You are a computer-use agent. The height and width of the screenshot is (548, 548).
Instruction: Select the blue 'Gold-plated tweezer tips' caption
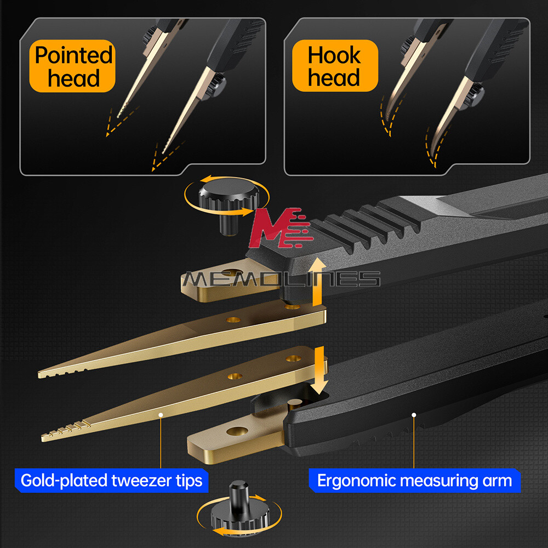pyautogui.click(x=111, y=481)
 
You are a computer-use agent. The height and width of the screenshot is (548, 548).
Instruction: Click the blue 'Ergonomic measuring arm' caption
pyautogui.click(x=414, y=481)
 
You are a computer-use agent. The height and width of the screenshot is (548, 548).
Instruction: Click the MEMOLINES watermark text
pyautogui.click(x=280, y=279)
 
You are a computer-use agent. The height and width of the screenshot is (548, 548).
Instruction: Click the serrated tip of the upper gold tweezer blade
pyautogui.click(x=60, y=372)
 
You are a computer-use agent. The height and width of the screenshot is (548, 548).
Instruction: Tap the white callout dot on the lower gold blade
pyautogui.click(x=161, y=415)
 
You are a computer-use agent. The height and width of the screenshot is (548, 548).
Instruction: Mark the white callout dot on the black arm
pyautogui.click(x=414, y=415)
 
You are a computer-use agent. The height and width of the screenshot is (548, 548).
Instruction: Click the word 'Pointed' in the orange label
pyautogui.click(x=73, y=55)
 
